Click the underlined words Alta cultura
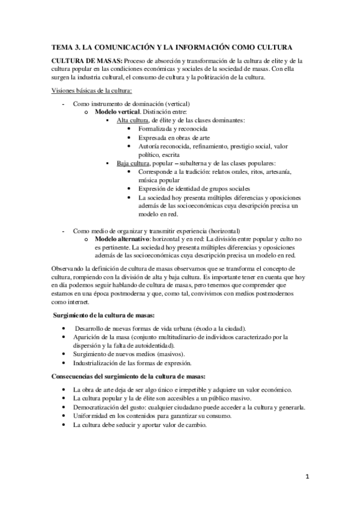pyautogui.click(x=132, y=120)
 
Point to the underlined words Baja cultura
pyautogui.click(x=132, y=163)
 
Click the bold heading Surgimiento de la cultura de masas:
pyautogui.click(x=105, y=316)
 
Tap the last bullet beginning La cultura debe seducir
pyautogui.click(x=139, y=425)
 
